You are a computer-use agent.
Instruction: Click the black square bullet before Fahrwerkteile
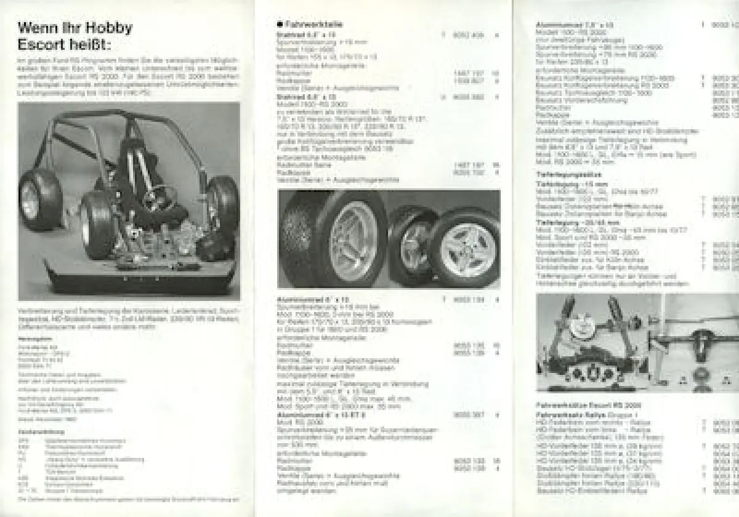pyautogui.click(x=279, y=24)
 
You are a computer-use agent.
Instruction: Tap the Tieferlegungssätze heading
pyautogui.click(x=562, y=174)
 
